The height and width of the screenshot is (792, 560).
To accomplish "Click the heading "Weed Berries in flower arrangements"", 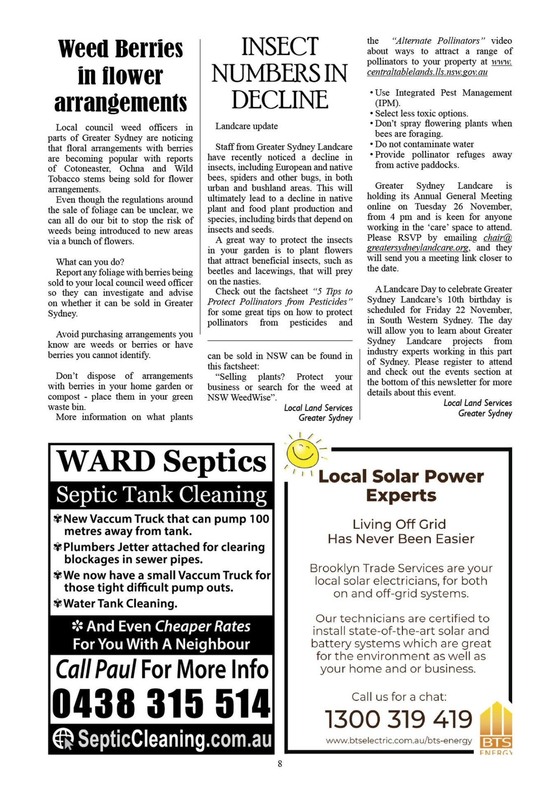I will click(x=120, y=75).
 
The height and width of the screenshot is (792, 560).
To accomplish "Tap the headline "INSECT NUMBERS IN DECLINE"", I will click(x=280, y=73).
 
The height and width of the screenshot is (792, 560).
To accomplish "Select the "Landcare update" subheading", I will click(x=247, y=126).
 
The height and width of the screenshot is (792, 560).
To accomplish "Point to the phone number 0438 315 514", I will click(x=161, y=703).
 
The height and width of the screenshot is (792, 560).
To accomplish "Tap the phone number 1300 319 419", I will click(x=398, y=719).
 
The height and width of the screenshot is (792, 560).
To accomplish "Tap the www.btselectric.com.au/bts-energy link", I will click(x=398, y=741).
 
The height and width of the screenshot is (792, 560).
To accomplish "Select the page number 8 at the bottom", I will click(x=280, y=764).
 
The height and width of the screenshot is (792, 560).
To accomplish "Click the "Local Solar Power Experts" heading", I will click(x=401, y=486).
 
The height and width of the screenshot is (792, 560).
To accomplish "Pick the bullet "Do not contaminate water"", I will click(x=424, y=144).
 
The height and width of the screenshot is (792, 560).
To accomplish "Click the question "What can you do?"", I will click(x=90, y=262).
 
